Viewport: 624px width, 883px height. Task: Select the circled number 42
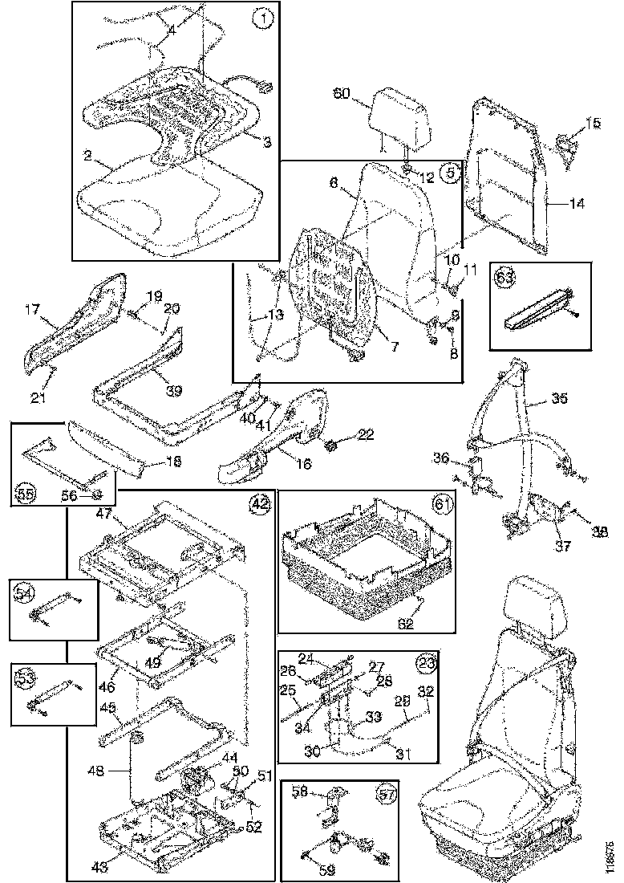[x=259, y=504]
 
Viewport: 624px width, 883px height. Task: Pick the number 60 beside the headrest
[x=342, y=93]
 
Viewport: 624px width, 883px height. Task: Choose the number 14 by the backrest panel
[x=577, y=203]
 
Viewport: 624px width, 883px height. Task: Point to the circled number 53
[x=26, y=678]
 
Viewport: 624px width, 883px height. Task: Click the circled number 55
[x=26, y=493]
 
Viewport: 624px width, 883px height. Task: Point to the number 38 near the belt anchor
[x=599, y=531]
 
